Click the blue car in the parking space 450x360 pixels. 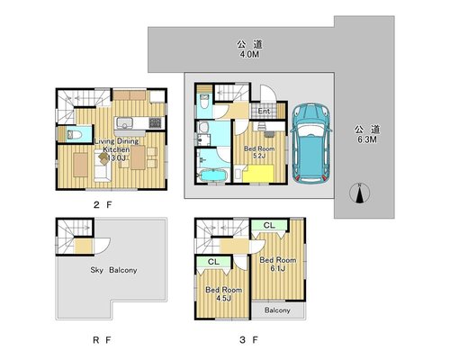click(x=311, y=143)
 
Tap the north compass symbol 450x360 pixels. click(x=360, y=193)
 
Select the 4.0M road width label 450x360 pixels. click(x=249, y=55)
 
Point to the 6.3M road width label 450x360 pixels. click(x=367, y=139)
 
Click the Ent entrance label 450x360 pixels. click(x=264, y=111)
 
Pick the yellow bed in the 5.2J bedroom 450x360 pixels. click(x=258, y=174)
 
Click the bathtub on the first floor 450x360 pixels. click(x=212, y=175)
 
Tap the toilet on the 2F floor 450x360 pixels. click(x=75, y=135)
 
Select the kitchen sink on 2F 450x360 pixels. click(x=125, y=123)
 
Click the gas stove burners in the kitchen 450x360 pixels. click(x=155, y=122)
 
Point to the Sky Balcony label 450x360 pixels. click(x=113, y=270)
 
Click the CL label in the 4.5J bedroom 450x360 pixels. click(x=213, y=262)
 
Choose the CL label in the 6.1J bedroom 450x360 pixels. click(x=269, y=225)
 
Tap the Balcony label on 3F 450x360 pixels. click(x=277, y=310)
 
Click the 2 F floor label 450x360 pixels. click(x=103, y=205)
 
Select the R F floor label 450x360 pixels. click(x=102, y=340)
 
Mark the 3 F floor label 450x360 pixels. click(x=248, y=340)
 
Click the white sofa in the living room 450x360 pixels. click(x=103, y=166)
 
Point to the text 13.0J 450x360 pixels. click(x=116, y=157)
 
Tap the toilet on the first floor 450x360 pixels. click(x=205, y=102)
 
